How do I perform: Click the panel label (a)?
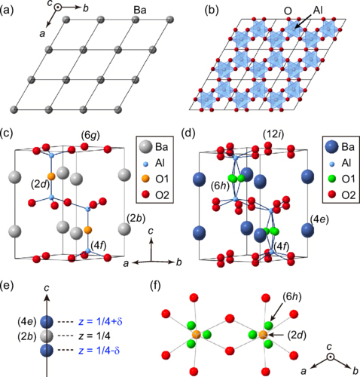pos(7,11)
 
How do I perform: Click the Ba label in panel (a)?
pos(140,10)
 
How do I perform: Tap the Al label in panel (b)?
pos(318,10)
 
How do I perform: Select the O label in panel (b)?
pos(288,11)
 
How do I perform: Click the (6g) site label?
pos(90,136)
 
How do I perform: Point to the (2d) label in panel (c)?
pos(40,185)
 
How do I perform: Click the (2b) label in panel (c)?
pos(136,218)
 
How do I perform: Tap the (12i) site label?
pos(273,135)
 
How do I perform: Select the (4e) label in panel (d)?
pos(319,219)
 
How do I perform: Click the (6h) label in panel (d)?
pos(220,186)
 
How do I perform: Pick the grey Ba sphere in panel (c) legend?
pos(146,147)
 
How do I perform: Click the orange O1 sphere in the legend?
pos(146,179)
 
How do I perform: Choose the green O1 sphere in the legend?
pos(332,179)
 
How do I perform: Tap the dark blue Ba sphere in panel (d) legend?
pos(332,147)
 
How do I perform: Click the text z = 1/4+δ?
pos(100,322)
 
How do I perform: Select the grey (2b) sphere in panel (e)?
pos(47,336)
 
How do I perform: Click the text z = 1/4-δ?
pos(99,351)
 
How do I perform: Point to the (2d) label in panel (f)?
pos(297,335)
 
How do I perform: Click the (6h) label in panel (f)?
pos(292,297)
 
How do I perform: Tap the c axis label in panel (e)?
pos(47,288)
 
